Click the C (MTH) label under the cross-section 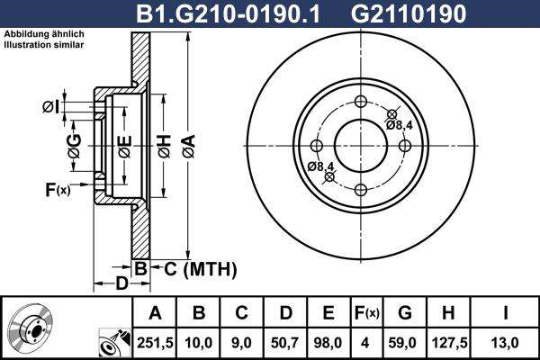pyautogui.click(x=193, y=268)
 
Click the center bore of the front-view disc pyautogui.click(x=360, y=145)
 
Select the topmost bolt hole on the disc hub pyautogui.click(x=360, y=101)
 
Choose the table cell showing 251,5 pyautogui.click(x=156, y=341)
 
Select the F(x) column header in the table pyautogui.click(x=366, y=313)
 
